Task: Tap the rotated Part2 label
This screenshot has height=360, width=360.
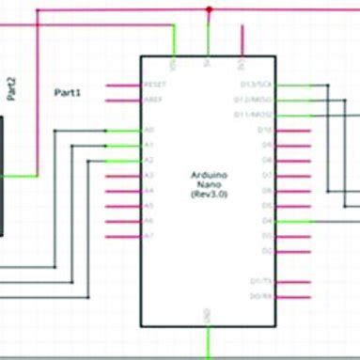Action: click(11, 90)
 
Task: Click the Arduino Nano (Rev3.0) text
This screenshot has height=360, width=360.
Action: click(208, 183)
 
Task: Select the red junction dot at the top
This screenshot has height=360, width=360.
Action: click(209, 9)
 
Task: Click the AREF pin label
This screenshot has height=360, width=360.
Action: click(152, 99)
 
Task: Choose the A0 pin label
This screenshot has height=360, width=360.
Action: click(149, 130)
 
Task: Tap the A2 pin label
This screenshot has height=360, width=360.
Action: click(149, 161)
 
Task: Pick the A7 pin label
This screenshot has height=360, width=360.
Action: click(149, 236)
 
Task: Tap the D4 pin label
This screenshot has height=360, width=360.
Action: click(266, 221)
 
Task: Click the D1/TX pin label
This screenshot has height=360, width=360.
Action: click(261, 281)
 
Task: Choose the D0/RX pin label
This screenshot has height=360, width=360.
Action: click(261, 296)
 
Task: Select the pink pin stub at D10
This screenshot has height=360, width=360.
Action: click(291, 130)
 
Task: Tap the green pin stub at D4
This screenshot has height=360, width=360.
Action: click(291, 221)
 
